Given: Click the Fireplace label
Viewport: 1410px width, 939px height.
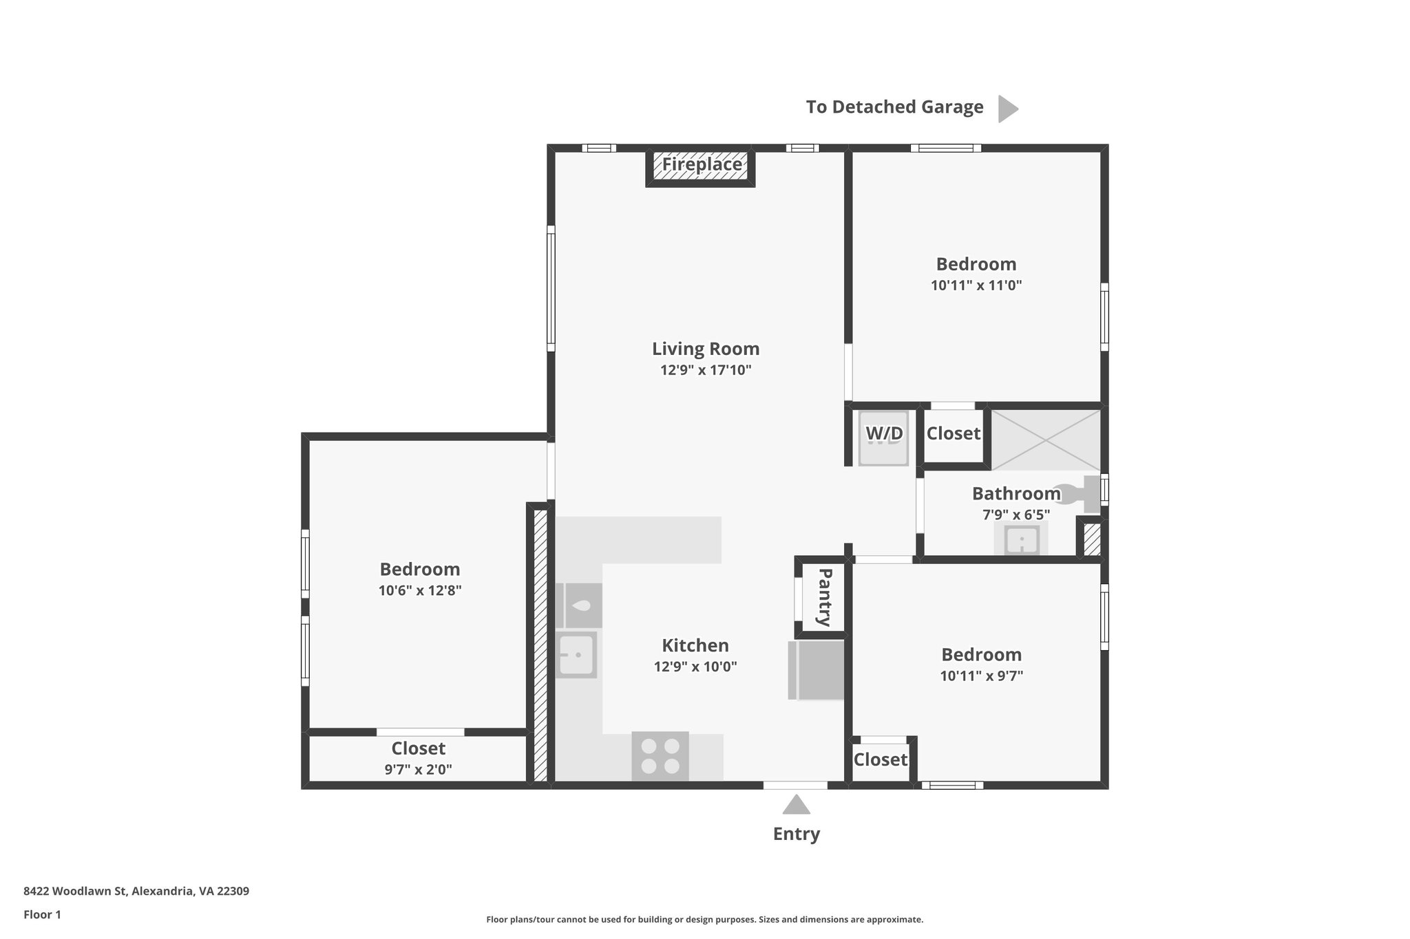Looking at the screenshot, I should (702, 165).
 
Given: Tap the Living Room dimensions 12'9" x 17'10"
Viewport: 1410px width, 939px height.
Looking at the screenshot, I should (705, 370).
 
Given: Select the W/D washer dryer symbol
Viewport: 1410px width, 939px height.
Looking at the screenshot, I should (884, 438).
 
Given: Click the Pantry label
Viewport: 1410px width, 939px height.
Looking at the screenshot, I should (823, 596).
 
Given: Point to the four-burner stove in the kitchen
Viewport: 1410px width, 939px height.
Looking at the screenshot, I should (660, 755).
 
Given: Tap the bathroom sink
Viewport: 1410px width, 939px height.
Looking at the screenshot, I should (1021, 539).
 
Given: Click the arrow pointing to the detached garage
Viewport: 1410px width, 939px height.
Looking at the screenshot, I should (1007, 109).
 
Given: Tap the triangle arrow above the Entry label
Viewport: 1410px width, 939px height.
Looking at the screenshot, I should (796, 805).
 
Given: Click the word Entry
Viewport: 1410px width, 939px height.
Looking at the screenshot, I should (796, 834).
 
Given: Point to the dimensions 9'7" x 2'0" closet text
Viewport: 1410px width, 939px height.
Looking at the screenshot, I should (418, 769).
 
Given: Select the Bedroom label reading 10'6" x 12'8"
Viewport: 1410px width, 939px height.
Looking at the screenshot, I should (419, 570).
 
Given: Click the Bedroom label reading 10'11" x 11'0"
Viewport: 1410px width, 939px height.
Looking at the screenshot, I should (976, 264).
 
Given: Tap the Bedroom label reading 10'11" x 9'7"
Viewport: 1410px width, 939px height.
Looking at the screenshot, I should (981, 655).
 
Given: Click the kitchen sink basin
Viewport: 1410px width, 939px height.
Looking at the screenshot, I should (576, 654).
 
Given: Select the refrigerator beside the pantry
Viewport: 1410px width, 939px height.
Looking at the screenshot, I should (817, 670).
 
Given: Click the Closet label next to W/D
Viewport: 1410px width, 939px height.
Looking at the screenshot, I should (953, 433).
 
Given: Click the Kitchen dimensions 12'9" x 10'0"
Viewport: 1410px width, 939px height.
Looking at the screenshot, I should (695, 667).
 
